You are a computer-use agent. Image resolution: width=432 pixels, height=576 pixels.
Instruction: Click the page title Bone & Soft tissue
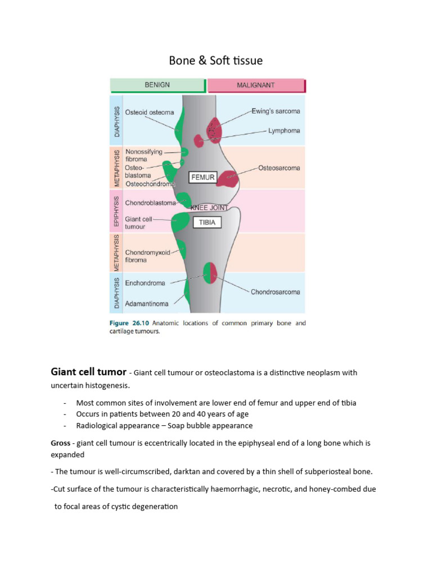[x=216, y=60]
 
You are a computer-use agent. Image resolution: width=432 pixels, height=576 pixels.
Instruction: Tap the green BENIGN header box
[x=157, y=85]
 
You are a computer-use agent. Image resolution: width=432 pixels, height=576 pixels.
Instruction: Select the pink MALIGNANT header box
[x=256, y=85]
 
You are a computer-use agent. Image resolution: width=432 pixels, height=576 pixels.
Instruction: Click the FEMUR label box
[x=203, y=177]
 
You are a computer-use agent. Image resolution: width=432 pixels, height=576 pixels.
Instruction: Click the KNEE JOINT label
[x=209, y=207]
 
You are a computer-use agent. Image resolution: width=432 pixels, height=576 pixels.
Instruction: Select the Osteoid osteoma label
[x=150, y=111]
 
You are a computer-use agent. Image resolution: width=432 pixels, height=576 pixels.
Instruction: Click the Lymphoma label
[x=284, y=130]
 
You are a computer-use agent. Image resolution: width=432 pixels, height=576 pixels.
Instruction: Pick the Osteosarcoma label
[x=279, y=168]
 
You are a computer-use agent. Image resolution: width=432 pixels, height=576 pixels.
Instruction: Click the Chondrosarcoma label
[x=275, y=292]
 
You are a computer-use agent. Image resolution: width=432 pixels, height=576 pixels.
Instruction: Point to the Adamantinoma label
[x=146, y=304]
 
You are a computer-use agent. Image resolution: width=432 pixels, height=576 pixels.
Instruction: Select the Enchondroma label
[x=145, y=283]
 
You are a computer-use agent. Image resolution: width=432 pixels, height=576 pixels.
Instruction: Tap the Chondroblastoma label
[x=150, y=203]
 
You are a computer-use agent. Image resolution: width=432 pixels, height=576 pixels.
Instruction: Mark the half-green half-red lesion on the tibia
[x=210, y=272]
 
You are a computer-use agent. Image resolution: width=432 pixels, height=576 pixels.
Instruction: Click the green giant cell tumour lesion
[x=181, y=222]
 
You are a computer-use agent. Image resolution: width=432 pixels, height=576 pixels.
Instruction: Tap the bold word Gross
[x=61, y=443]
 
